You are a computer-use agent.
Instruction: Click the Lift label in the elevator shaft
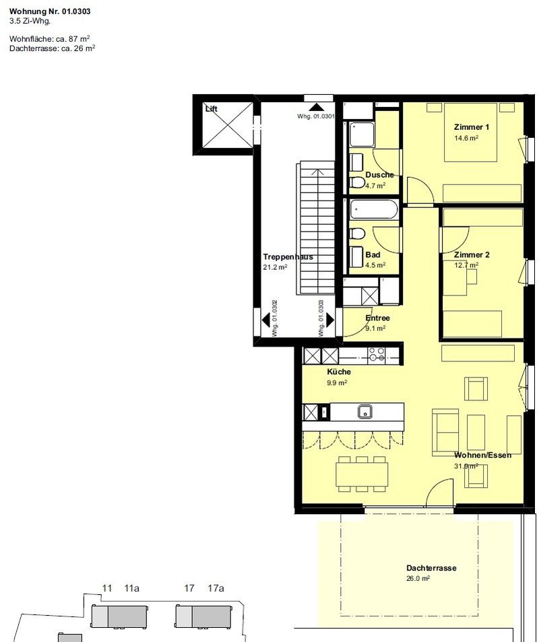pyautogui.click(x=211, y=109)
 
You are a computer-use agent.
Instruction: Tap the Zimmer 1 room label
pyautogui.click(x=472, y=127)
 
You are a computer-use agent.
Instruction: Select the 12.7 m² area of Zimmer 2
pyautogui.click(x=466, y=265)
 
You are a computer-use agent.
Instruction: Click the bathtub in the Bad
pyautogui.click(x=373, y=209)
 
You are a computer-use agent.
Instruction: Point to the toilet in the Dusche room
pyautogui.click(x=357, y=182)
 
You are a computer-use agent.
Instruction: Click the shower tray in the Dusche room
pyautogui.click(x=362, y=135)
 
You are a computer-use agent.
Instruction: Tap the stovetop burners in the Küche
pyautogui.click(x=376, y=355)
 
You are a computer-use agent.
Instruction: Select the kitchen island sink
pyautogui.click(x=364, y=411)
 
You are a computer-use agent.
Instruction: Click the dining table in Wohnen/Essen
pyautogui.click(x=362, y=474)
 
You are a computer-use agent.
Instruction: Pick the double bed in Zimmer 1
pyautogui.click(x=471, y=133)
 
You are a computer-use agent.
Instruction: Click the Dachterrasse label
pyautogui.click(x=431, y=568)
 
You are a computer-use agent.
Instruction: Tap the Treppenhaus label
pyautogui.click(x=288, y=257)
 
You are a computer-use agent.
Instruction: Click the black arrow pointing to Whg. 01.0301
pyautogui.click(x=316, y=107)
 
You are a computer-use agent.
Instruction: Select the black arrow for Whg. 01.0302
pyautogui.click(x=265, y=320)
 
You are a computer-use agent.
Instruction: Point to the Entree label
pyautogui.click(x=377, y=318)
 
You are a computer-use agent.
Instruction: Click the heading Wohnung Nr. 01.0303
pyautogui.click(x=50, y=11)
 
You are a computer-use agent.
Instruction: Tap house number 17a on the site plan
pyautogui.click(x=216, y=588)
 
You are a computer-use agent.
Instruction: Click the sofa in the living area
pyautogui.click(x=445, y=432)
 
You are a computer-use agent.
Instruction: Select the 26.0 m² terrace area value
pyautogui.click(x=418, y=579)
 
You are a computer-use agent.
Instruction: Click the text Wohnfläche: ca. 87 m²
pyautogui.click(x=50, y=39)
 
